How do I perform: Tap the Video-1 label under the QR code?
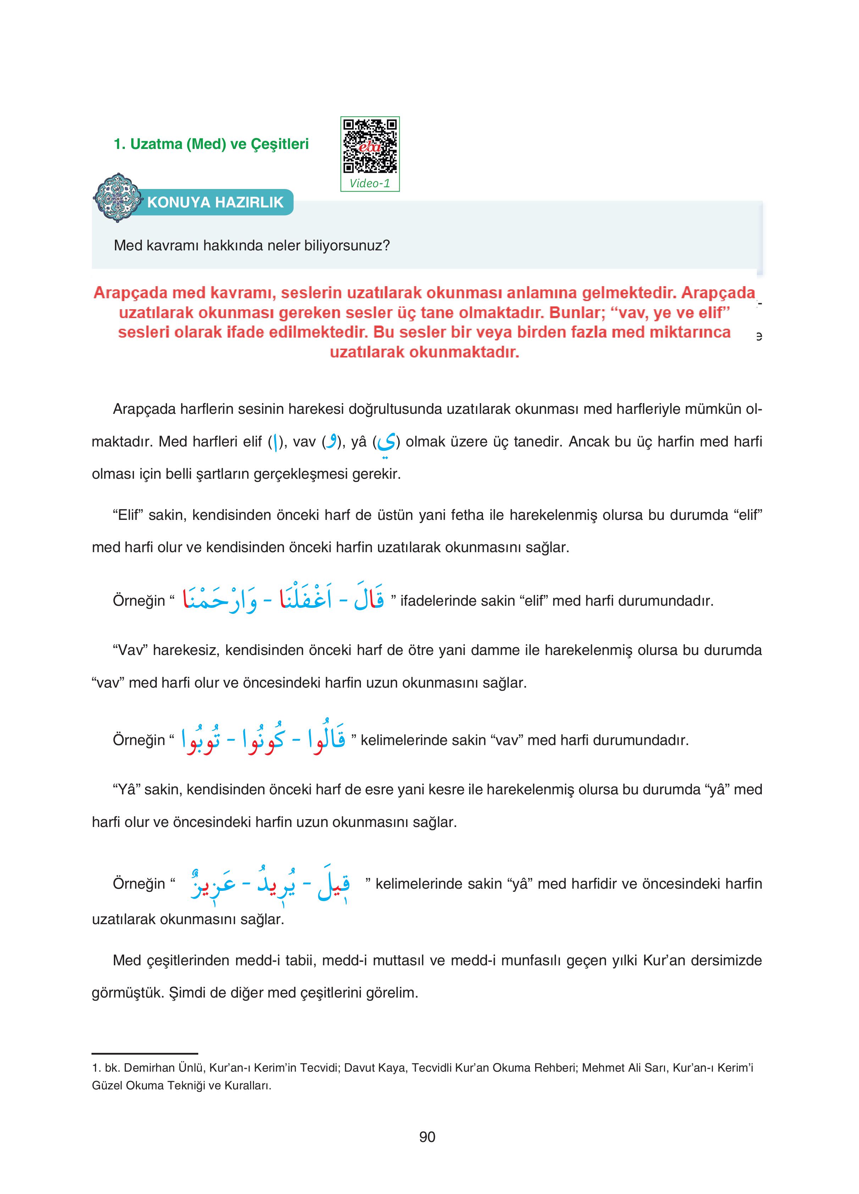370,183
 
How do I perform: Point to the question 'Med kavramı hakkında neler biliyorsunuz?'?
252,245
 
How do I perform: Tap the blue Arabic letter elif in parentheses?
275,442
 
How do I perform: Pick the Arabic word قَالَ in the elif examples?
368,598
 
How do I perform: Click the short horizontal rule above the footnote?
145,1054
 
